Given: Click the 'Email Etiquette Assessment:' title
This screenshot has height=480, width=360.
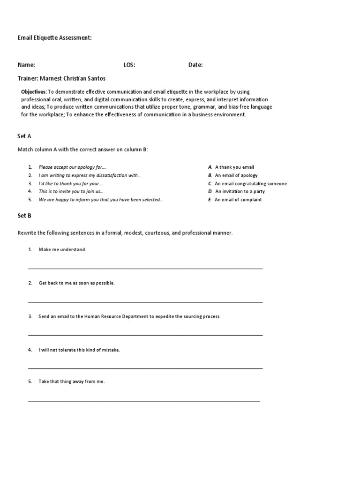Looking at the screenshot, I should tap(54, 38).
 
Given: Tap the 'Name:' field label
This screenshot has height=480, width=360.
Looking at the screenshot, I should tap(26, 65).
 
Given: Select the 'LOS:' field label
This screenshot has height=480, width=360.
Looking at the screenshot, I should tap(129, 65).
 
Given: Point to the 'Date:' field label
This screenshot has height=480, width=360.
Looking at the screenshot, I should tap(195, 65).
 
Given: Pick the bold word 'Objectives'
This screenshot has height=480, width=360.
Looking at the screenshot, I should tap(34, 92).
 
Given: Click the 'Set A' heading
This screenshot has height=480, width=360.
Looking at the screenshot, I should tap(24, 136).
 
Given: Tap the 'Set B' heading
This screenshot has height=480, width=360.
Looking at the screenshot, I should tap(24, 216).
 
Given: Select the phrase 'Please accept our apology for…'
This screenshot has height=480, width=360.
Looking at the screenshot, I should tap(73, 167).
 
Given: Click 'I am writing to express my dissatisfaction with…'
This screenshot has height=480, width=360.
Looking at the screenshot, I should tap(90, 175).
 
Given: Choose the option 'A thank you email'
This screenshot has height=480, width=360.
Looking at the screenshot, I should tap(234, 167).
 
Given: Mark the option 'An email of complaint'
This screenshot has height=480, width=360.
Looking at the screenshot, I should tap(238, 200).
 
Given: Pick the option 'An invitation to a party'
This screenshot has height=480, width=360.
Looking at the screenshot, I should tap(240, 192).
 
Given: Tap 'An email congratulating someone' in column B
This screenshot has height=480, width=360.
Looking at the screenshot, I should tap(251, 184).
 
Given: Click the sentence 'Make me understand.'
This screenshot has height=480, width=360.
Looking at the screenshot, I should tap(62, 250).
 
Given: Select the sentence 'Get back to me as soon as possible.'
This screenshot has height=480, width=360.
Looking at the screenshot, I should tap(76, 283).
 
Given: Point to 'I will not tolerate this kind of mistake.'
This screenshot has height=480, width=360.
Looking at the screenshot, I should tap(79, 350).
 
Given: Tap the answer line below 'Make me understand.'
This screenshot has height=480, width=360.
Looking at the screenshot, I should tap(145, 269).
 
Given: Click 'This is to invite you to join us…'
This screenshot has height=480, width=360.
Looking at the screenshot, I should tap(71, 192).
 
